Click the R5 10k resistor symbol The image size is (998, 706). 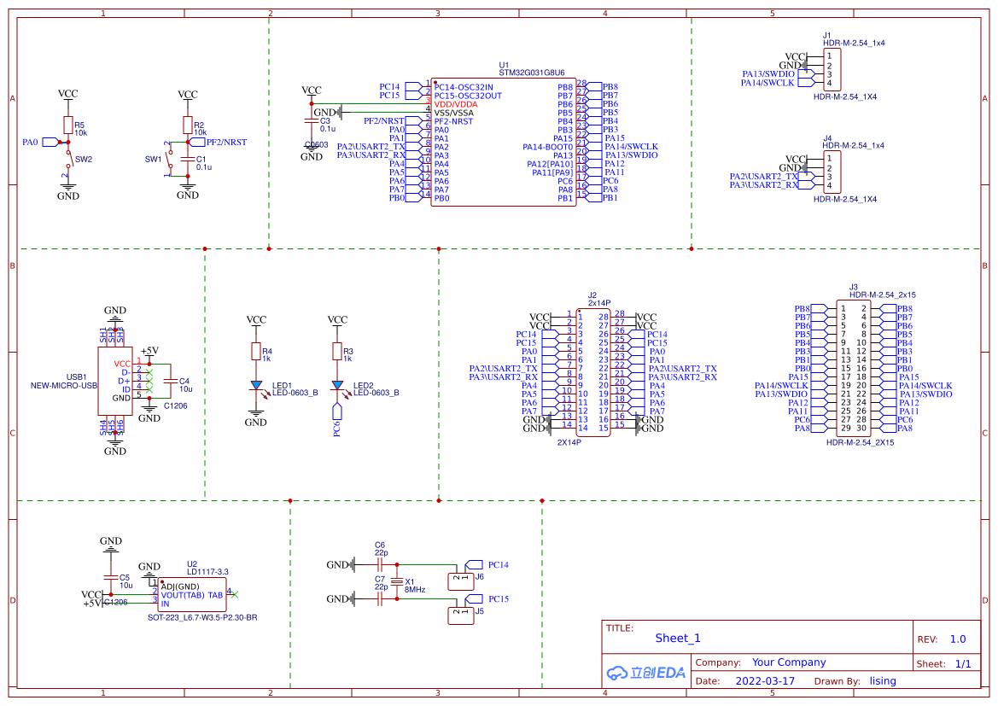click(67, 126)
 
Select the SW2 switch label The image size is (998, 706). click(84, 160)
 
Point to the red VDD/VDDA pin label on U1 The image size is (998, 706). click(456, 104)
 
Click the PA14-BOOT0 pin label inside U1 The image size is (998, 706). click(547, 147)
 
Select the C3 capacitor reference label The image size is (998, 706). click(324, 121)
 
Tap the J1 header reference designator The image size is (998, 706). click(827, 35)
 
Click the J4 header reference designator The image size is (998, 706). click(827, 138)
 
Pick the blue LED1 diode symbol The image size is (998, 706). click(255, 385)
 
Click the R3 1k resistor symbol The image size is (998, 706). click(337, 352)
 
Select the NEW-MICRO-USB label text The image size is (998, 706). click(65, 385)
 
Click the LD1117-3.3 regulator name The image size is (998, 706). click(207, 572)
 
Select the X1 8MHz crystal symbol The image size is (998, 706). click(395, 582)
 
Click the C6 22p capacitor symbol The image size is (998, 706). click(380, 565)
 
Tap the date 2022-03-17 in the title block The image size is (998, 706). click(764, 681)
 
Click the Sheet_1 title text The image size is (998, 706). click(677, 638)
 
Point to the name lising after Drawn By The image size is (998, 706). click(883, 681)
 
